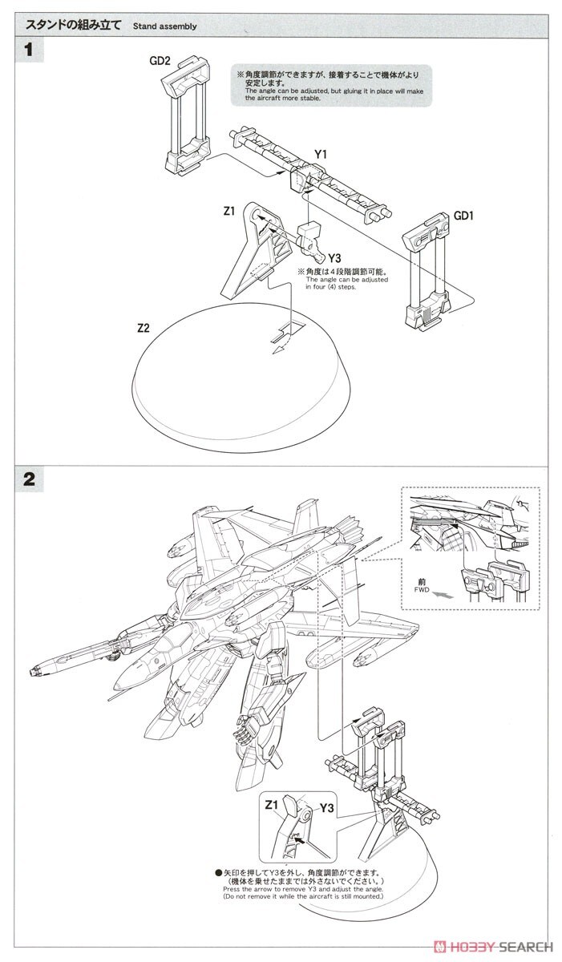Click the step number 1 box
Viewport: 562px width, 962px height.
tap(29, 50)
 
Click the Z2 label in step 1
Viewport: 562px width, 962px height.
tap(144, 328)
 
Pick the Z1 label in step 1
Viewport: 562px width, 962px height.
tap(228, 212)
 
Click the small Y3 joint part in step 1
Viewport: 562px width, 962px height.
tap(309, 239)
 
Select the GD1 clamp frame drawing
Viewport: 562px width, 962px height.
tap(431, 269)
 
